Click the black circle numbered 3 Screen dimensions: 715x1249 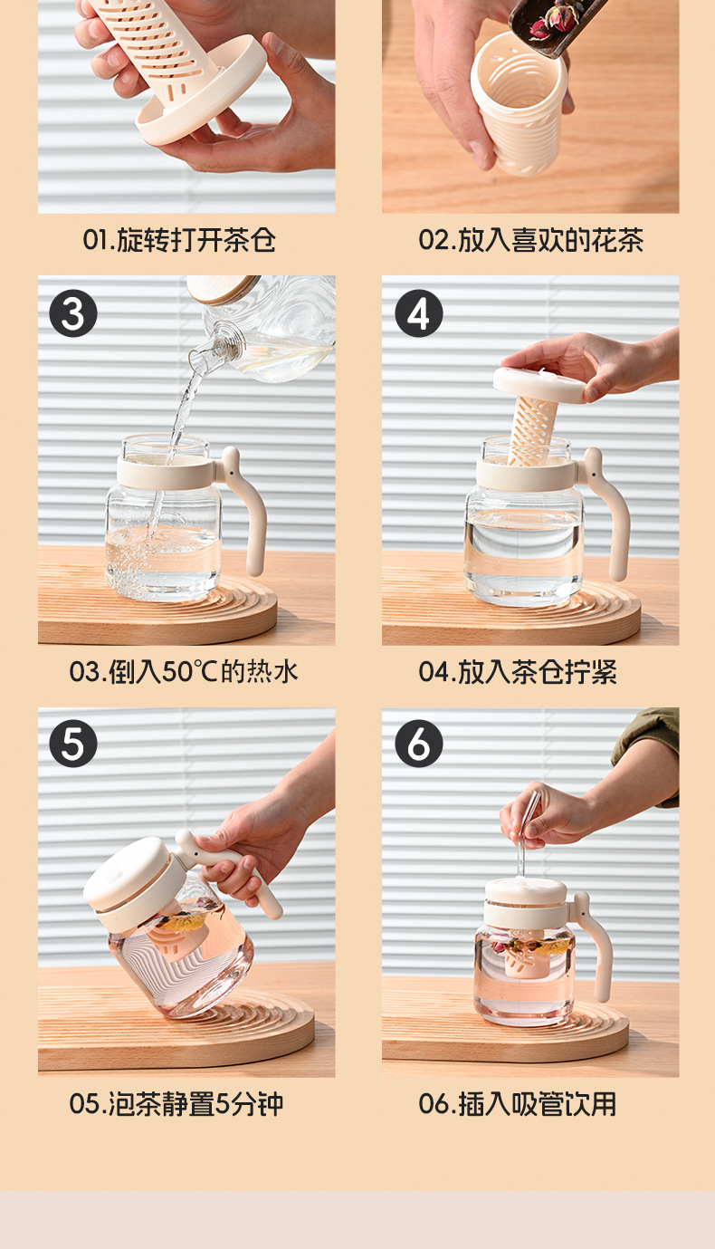point(73,312)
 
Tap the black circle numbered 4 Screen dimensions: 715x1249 point(418,312)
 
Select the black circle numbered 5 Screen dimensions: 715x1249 point(73,744)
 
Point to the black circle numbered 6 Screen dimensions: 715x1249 point(418,744)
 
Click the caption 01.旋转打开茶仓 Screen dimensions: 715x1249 point(179,240)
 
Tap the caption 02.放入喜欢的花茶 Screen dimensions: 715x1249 point(531,240)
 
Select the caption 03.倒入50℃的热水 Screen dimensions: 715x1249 point(184,671)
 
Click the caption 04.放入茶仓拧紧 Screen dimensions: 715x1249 point(518,671)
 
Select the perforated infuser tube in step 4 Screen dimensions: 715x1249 point(532,430)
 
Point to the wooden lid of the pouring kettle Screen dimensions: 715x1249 point(223,288)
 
